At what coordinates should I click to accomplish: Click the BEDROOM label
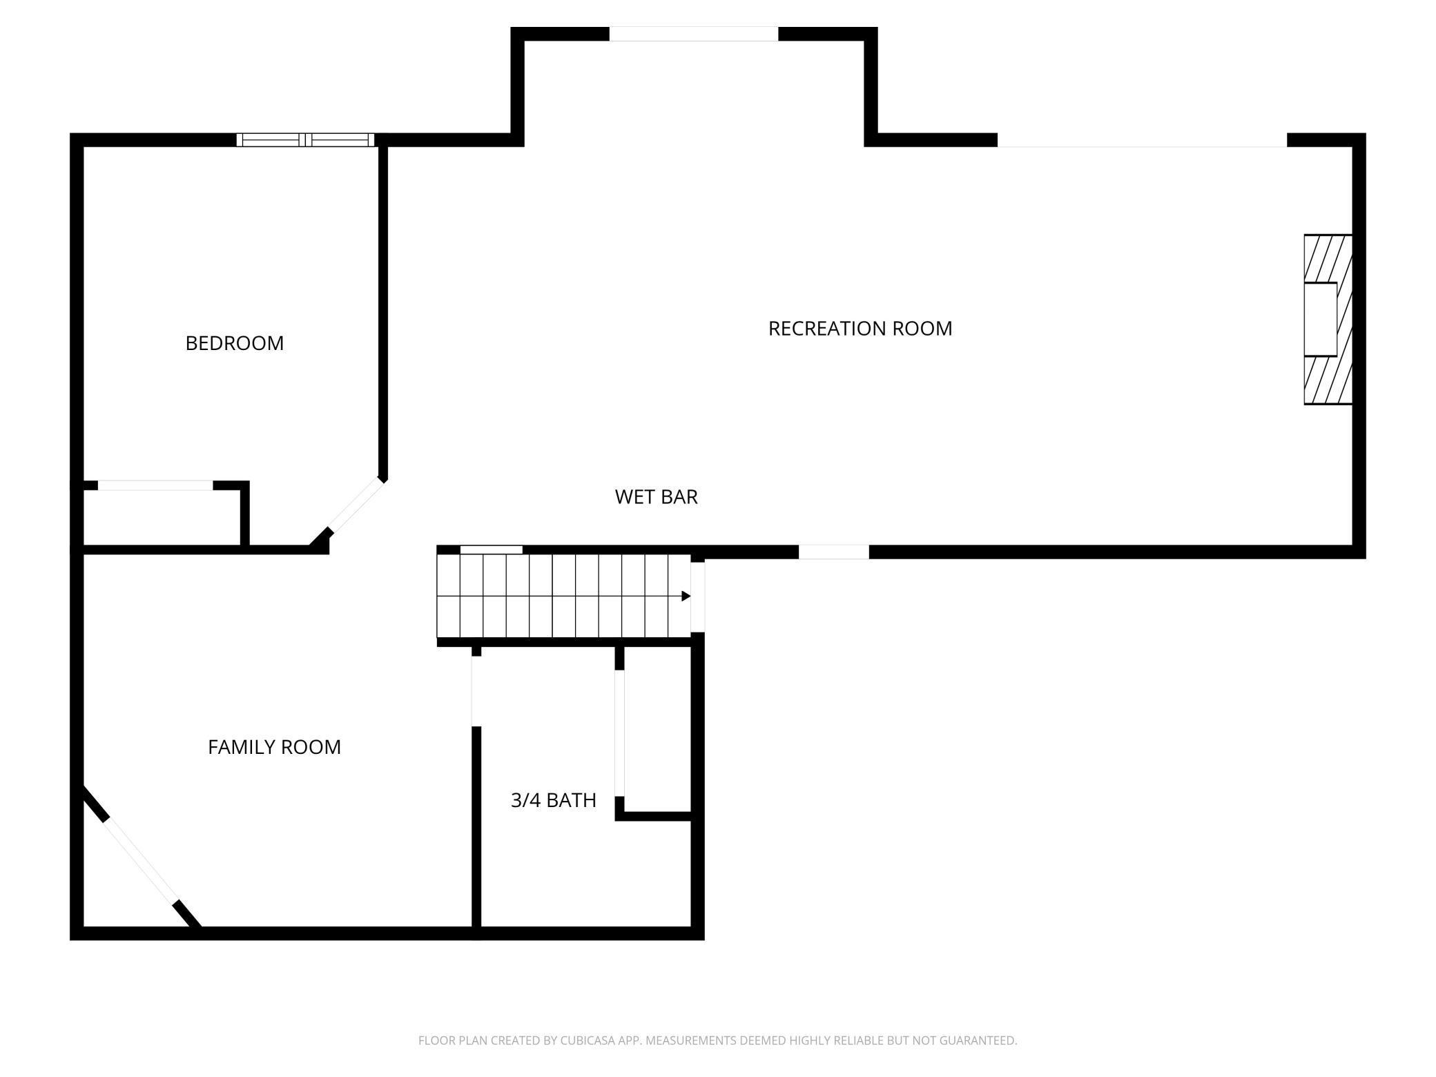click(234, 343)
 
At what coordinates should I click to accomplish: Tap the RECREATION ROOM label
click(860, 329)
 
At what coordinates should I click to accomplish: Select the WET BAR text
click(656, 497)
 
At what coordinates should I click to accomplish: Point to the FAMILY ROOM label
click(274, 747)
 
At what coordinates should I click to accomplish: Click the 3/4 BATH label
click(553, 800)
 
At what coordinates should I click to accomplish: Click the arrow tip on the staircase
click(686, 596)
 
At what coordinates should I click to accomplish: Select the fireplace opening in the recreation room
click(1320, 319)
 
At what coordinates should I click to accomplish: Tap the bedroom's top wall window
click(305, 140)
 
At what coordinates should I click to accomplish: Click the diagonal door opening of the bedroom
click(356, 505)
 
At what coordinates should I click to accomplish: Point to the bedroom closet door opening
click(155, 485)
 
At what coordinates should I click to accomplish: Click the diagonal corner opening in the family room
click(141, 860)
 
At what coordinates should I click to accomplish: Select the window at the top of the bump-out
click(693, 34)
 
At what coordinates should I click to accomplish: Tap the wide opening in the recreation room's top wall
click(1142, 140)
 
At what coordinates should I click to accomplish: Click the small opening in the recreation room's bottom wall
click(833, 552)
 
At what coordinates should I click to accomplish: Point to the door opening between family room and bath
click(476, 690)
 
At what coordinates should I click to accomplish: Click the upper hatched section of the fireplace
click(1327, 258)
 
